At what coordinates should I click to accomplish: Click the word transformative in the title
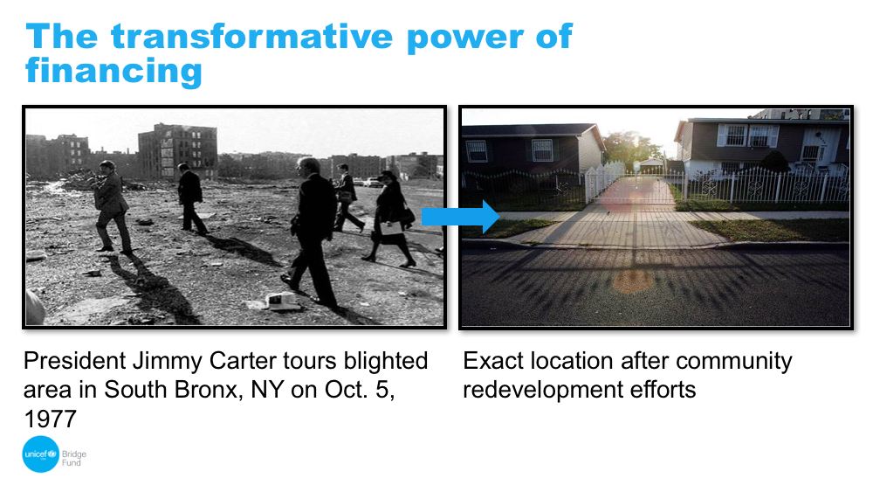tap(253, 37)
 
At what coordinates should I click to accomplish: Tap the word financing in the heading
tap(113, 73)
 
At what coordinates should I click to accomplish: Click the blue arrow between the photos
tap(460, 217)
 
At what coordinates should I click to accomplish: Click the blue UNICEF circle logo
tap(41, 454)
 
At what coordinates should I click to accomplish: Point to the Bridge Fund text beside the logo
tap(73, 458)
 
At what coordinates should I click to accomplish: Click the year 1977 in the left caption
tap(50, 419)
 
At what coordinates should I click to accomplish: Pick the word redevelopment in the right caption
tap(543, 390)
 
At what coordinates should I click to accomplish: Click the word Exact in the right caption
tap(493, 361)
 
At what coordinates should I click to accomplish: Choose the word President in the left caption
tap(74, 361)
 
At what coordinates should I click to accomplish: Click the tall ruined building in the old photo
tap(177, 151)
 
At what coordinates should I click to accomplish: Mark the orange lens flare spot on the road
tap(633, 282)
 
